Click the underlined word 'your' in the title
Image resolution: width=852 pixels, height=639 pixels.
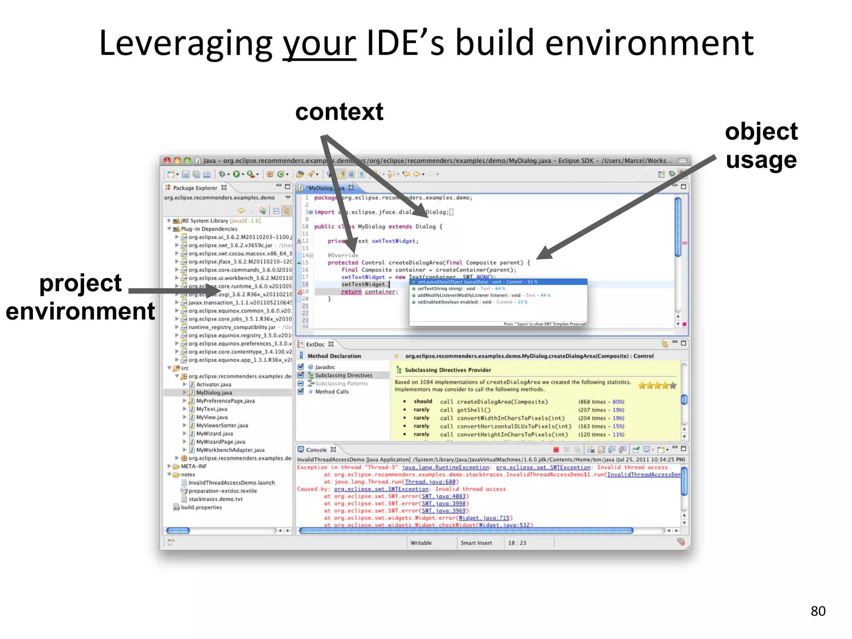click(319, 44)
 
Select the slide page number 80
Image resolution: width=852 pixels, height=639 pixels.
click(817, 611)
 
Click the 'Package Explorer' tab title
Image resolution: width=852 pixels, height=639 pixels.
click(195, 188)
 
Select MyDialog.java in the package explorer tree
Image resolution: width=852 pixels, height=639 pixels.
click(214, 392)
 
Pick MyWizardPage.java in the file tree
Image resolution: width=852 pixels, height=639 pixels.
click(220, 441)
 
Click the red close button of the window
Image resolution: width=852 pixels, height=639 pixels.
click(167, 161)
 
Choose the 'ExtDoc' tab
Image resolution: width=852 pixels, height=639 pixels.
click(315, 344)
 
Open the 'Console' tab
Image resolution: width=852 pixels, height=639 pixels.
click(316, 450)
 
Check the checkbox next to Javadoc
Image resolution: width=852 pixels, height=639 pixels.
click(301, 367)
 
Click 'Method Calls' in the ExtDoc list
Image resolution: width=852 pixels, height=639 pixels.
click(332, 391)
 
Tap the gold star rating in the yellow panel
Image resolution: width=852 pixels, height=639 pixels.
click(657, 386)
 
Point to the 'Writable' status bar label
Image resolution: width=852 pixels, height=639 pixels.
click(421, 542)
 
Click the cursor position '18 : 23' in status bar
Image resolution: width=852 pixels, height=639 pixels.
click(517, 542)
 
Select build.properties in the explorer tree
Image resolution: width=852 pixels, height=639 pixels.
click(201, 507)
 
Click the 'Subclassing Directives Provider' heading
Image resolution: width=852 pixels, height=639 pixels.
click(448, 370)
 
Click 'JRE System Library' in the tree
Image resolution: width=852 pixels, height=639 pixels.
click(204, 220)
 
